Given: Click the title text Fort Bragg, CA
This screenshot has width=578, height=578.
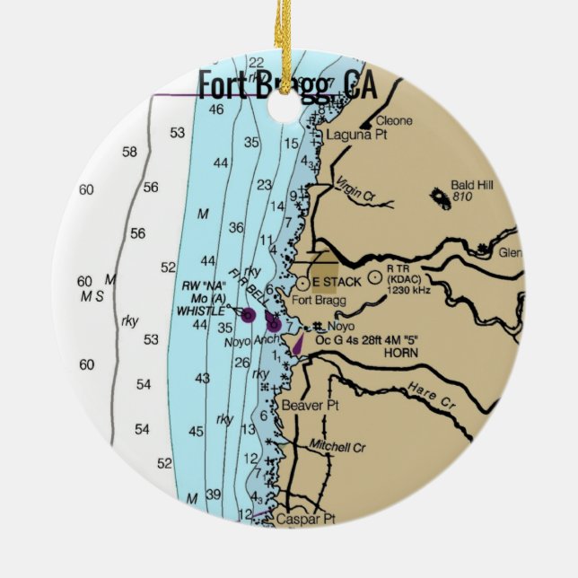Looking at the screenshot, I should [286, 86].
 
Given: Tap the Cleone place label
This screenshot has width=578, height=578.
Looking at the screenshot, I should [394, 119].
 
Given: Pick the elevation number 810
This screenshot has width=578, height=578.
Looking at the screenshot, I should [462, 196].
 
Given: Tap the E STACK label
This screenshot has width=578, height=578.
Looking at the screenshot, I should [337, 281].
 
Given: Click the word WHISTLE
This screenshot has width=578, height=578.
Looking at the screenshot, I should [202, 310].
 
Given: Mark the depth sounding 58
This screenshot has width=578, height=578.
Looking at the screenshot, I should [129, 152].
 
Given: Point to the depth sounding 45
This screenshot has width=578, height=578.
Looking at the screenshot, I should [197, 432].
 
